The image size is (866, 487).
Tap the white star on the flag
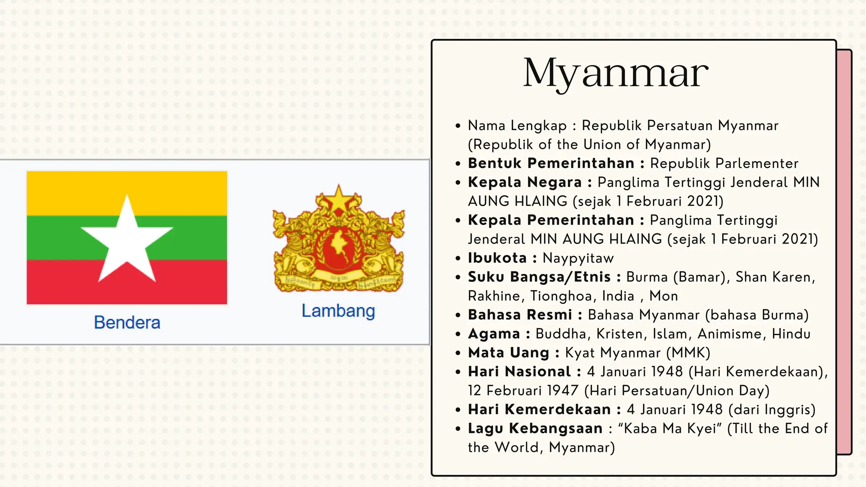click(127, 239)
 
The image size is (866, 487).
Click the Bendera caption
click(127, 323)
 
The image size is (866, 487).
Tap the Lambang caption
click(338, 311)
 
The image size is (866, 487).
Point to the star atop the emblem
click(338, 199)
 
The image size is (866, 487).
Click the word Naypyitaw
click(578, 258)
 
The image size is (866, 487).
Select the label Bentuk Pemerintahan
click(551, 164)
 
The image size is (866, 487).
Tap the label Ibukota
click(497, 258)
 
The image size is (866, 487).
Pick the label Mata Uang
click(508, 353)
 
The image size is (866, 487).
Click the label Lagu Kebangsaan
click(535, 429)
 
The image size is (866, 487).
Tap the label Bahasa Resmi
click(520, 315)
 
